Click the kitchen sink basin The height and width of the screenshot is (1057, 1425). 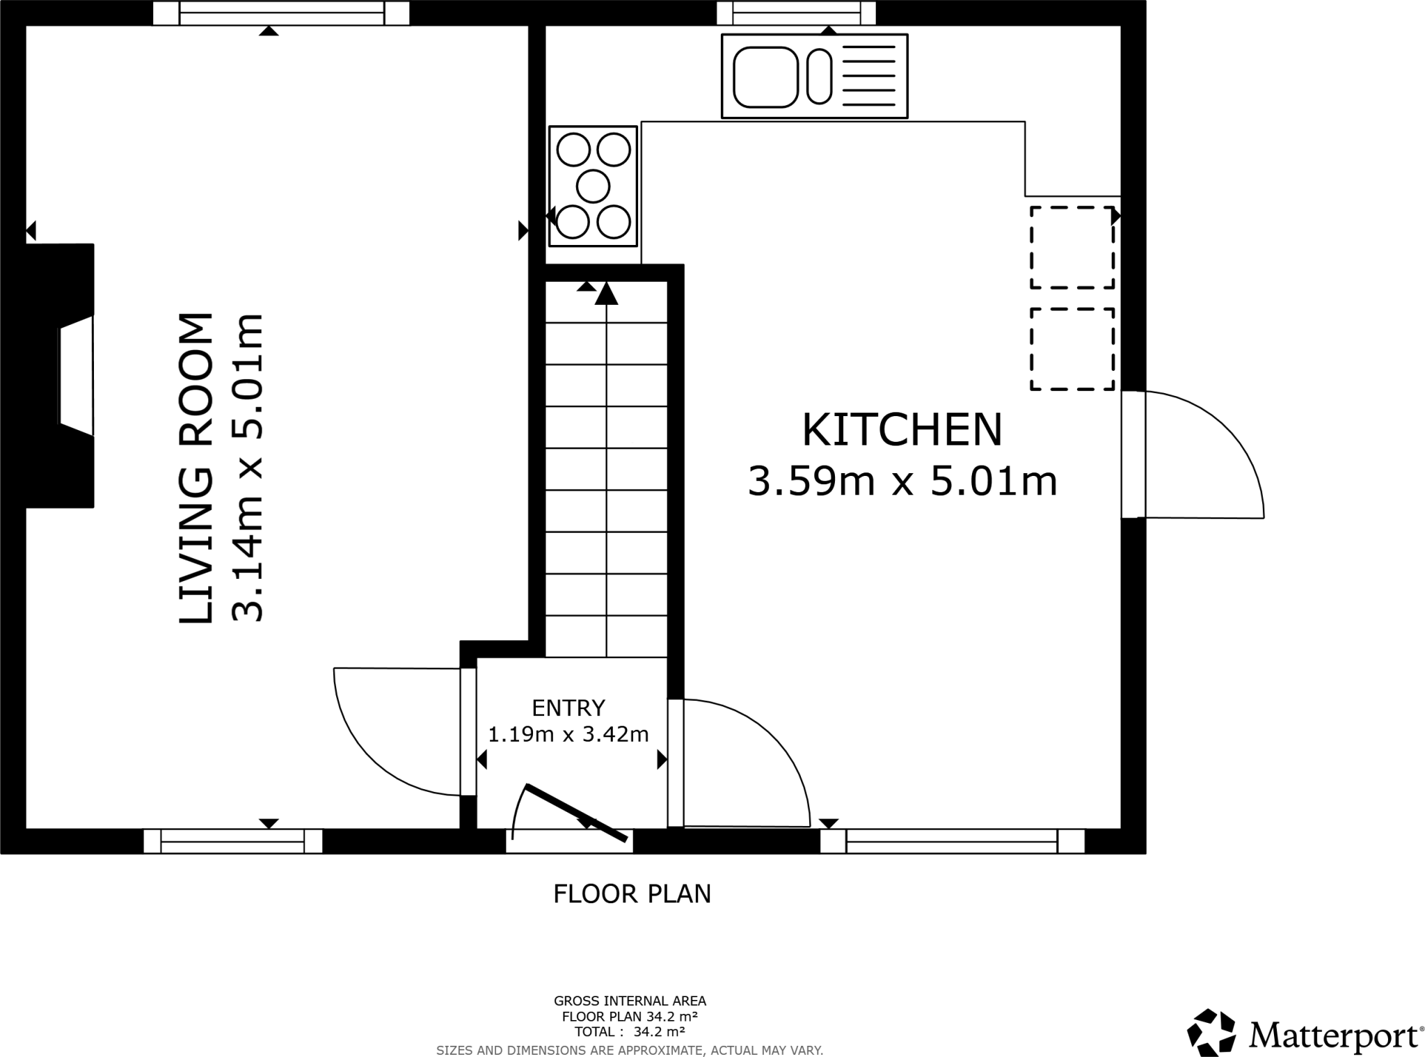coord(765,77)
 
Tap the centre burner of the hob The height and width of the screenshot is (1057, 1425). coord(593,186)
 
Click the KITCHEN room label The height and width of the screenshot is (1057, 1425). coord(902,430)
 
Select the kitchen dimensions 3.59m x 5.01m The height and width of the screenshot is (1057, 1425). coord(902,482)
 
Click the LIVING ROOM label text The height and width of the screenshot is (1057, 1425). coord(196,468)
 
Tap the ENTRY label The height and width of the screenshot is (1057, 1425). coord(568,708)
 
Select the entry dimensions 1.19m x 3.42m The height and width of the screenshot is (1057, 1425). coord(568,734)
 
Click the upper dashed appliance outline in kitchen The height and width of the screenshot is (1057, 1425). coord(1072,247)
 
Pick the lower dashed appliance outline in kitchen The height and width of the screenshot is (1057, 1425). coord(1072,349)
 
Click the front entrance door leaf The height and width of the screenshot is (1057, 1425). coord(576,813)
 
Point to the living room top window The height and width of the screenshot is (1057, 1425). coord(280,13)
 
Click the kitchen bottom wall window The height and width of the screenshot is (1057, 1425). coord(951,841)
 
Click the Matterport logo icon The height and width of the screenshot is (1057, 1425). coord(1211,1032)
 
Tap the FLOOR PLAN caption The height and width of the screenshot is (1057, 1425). coord(632,894)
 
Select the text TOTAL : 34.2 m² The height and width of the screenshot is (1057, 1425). coord(630,1031)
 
